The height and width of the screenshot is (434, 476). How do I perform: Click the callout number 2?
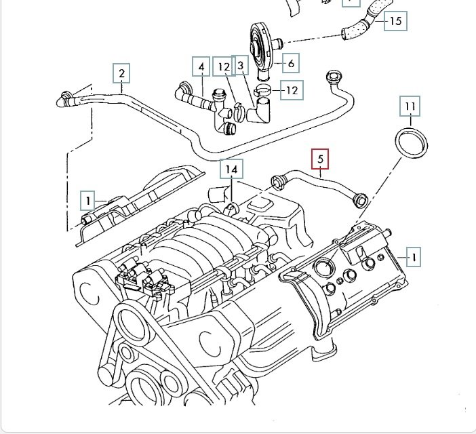click(121, 73)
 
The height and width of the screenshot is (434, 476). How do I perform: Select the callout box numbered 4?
click(201, 67)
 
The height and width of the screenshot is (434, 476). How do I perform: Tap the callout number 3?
click(240, 66)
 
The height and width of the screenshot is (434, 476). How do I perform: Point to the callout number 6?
click(290, 64)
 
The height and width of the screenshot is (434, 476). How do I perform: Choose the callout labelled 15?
click(396, 21)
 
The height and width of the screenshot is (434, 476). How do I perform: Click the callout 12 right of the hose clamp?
click(292, 90)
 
